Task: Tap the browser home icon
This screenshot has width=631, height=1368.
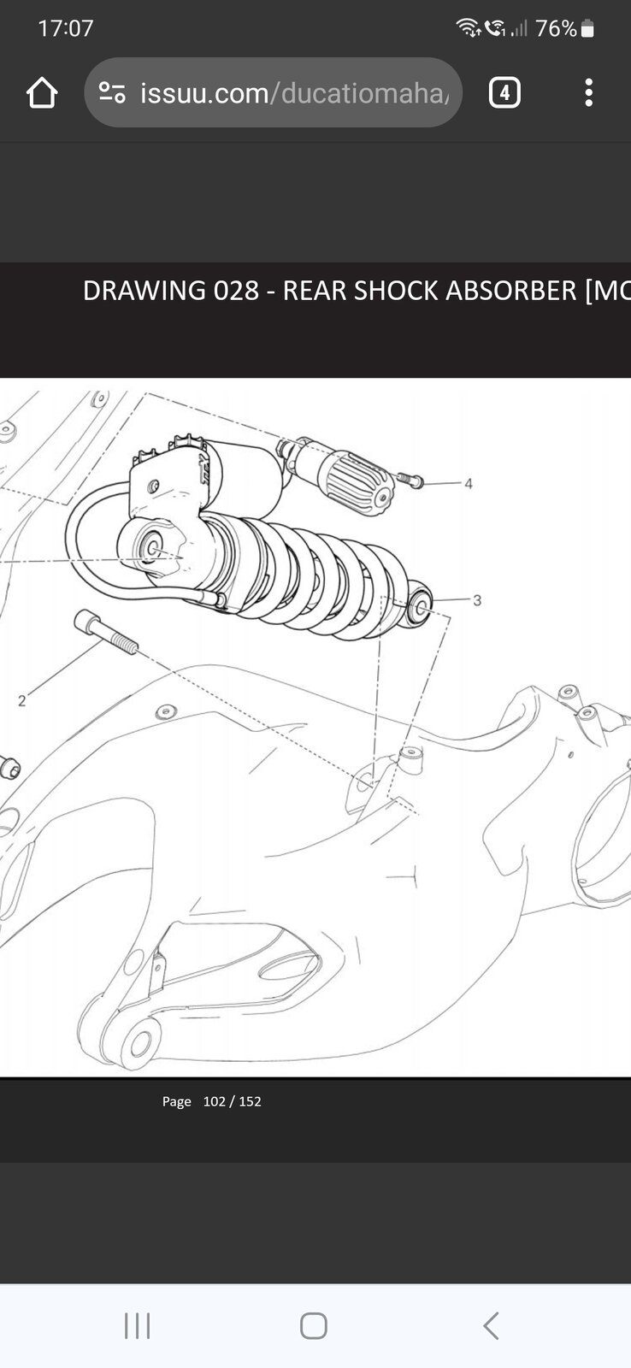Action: pyautogui.click(x=42, y=93)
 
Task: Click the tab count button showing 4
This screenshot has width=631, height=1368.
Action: pyautogui.click(x=504, y=93)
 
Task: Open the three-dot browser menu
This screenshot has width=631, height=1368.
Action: pyautogui.click(x=588, y=93)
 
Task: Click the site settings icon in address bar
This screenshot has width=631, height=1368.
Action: pyautogui.click(x=112, y=92)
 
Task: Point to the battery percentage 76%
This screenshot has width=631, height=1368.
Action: pyautogui.click(x=556, y=29)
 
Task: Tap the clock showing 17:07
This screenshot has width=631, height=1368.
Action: pyautogui.click(x=65, y=29)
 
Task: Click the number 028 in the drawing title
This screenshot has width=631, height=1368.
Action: pyautogui.click(x=236, y=291)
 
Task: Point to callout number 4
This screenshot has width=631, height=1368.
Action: pyautogui.click(x=469, y=484)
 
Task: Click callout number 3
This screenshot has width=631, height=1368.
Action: pyautogui.click(x=477, y=600)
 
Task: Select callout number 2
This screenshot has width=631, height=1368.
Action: pyautogui.click(x=22, y=701)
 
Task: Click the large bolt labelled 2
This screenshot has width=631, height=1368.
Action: pyautogui.click(x=106, y=632)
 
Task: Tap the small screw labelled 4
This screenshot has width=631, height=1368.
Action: pyautogui.click(x=410, y=480)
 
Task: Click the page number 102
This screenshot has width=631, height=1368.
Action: pyautogui.click(x=215, y=1101)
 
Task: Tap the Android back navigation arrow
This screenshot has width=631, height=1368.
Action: pyautogui.click(x=491, y=1326)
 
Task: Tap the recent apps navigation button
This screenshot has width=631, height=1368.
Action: pyautogui.click(x=138, y=1326)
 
